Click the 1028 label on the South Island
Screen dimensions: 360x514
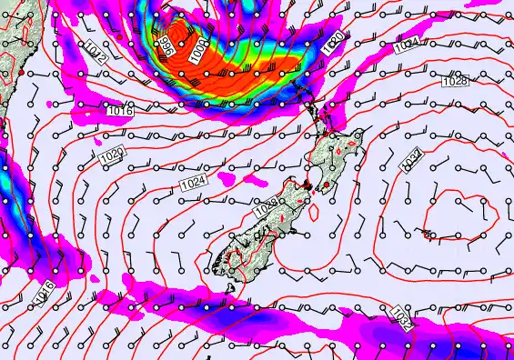(x=265, y=209)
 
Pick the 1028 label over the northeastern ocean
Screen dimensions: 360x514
(x=455, y=82)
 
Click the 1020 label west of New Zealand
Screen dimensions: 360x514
(x=111, y=155)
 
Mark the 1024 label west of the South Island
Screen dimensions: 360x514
(x=193, y=185)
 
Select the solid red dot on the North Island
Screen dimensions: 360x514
(x=326, y=185)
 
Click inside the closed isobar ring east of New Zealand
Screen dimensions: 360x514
(x=454, y=215)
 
